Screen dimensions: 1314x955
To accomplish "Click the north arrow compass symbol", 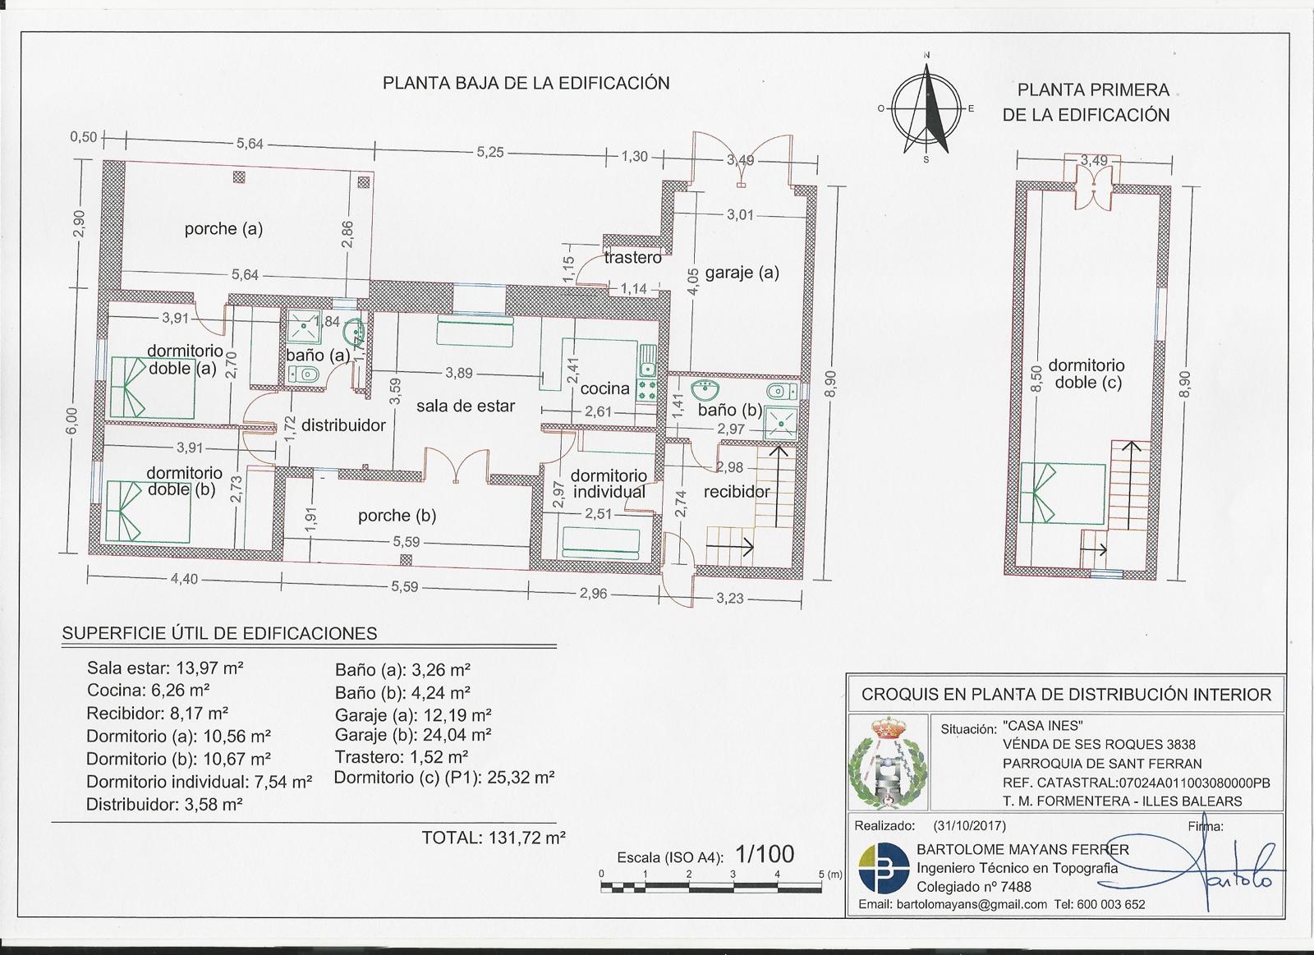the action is click(x=926, y=109).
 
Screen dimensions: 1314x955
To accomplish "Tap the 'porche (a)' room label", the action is click(x=223, y=229).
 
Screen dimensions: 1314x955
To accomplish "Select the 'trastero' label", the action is click(x=632, y=258).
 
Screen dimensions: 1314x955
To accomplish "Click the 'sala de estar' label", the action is click(x=466, y=406).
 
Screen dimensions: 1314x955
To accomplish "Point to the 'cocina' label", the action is click(x=604, y=388).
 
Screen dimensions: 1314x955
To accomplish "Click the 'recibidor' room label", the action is click(x=736, y=492).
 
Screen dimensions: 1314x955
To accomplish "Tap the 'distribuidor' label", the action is click(x=343, y=425).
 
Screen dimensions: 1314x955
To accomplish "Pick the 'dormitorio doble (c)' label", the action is click(x=1087, y=374).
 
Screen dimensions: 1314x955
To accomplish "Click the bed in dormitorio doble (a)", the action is click(x=152, y=387).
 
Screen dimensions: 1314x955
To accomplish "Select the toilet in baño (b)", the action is click(x=782, y=391).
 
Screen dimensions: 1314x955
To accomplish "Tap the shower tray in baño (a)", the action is click(x=304, y=328).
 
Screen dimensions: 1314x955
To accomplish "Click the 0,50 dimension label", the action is click(x=83, y=137).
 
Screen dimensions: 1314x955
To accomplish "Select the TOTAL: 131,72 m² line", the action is click(x=494, y=838).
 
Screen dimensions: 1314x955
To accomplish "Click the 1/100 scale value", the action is click(x=765, y=854).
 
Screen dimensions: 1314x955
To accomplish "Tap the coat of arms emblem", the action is click(x=888, y=763).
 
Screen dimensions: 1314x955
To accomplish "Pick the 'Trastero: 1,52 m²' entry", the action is click(x=402, y=757).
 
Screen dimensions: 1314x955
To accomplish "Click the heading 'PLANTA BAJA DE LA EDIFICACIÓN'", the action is click(x=526, y=83).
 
